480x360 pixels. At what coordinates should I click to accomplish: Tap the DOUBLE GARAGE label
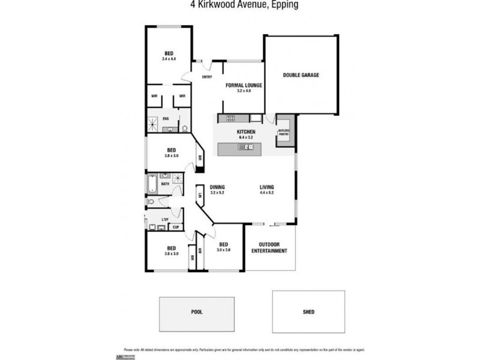click(x=301, y=76)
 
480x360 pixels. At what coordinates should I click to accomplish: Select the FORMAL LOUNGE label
click(x=244, y=86)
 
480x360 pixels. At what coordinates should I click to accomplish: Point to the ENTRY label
click(x=207, y=77)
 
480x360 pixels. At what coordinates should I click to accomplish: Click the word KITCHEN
click(x=246, y=132)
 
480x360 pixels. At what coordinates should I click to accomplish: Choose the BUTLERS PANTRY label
click(x=284, y=133)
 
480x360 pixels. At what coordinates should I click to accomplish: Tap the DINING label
click(x=217, y=187)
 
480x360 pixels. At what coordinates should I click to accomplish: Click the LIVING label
click(x=267, y=187)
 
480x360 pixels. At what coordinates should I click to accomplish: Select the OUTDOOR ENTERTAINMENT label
click(x=272, y=248)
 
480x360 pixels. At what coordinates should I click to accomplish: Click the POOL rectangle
click(x=195, y=312)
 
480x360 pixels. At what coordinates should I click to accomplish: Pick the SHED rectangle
click(x=308, y=312)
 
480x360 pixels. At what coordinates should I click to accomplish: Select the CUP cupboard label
click(x=176, y=227)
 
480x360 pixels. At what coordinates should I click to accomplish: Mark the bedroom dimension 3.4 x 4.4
click(x=169, y=59)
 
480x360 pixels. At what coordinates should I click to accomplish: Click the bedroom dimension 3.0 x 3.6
click(x=223, y=250)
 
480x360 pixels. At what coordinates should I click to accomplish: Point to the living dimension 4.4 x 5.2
click(x=267, y=193)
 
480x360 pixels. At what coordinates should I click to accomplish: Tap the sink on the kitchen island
click(x=246, y=146)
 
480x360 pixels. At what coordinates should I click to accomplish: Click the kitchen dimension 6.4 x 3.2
click(x=246, y=137)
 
